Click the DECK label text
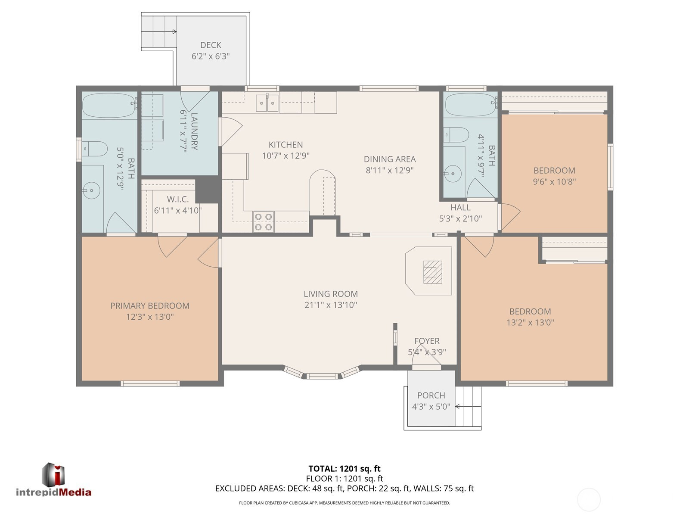click(x=211, y=45)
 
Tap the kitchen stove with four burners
click(x=264, y=221)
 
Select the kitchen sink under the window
click(x=267, y=103)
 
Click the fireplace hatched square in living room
click(x=432, y=272)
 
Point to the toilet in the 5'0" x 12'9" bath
click(x=94, y=149)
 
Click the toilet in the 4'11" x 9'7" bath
click(x=456, y=135)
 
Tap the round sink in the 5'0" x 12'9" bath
click(x=91, y=190)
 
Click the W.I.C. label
click(x=178, y=199)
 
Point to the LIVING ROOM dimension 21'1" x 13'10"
click(x=331, y=305)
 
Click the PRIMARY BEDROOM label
click(x=150, y=306)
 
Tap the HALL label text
click(x=460, y=208)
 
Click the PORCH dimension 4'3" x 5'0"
click(x=431, y=407)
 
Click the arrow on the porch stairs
click(x=468, y=407)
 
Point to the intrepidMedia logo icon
click(x=53, y=475)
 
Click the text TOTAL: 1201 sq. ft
click(x=344, y=469)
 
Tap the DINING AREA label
click(x=390, y=159)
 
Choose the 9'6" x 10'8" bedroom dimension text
click(x=554, y=181)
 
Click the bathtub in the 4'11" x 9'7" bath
click(x=471, y=105)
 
